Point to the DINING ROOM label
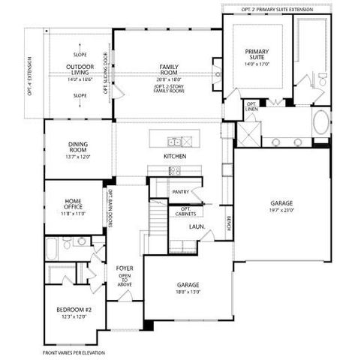coord(78,149)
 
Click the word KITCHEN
coord(175,156)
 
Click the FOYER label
coord(124,268)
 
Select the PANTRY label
coord(180,192)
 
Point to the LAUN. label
coord(197,226)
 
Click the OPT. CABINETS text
coord(185,211)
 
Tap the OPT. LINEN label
coord(251,108)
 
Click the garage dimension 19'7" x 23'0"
coord(282,211)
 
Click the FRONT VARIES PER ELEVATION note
coord(74,352)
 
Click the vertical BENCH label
coord(228,224)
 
